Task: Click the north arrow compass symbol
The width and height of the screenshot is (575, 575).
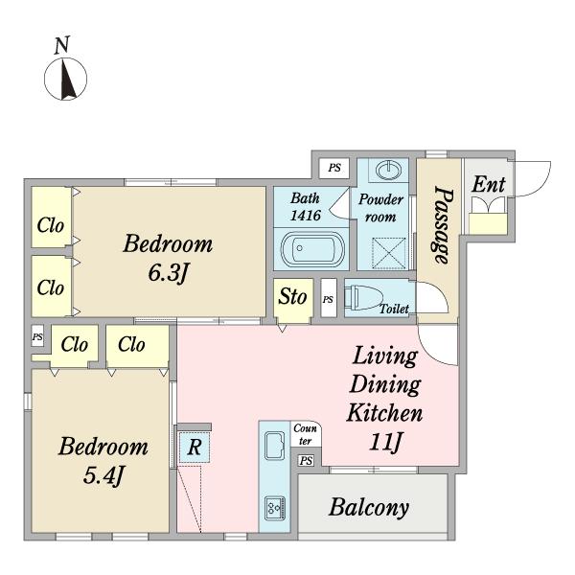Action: [65, 79]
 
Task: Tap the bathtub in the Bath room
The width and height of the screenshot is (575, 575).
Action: [312, 249]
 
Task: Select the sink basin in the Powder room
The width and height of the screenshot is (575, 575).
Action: [389, 171]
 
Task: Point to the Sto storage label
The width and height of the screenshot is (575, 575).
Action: [292, 296]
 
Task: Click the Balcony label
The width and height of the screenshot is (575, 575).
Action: [369, 508]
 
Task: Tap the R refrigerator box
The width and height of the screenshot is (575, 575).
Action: [195, 447]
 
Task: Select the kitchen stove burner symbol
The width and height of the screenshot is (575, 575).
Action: [275, 508]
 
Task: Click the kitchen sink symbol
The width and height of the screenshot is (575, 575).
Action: [275, 446]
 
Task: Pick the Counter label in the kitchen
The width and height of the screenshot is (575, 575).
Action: [305, 434]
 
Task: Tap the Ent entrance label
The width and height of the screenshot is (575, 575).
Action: [489, 184]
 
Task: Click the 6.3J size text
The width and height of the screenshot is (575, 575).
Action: [168, 273]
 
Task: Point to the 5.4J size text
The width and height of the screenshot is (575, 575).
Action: [103, 476]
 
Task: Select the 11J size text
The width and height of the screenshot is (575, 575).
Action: [386, 442]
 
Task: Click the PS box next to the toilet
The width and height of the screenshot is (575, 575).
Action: [329, 297]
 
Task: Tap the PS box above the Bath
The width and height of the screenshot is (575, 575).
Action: [334, 168]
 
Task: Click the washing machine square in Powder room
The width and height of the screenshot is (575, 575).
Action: [389, 254]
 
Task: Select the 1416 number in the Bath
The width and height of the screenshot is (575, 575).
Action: [306, 215]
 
